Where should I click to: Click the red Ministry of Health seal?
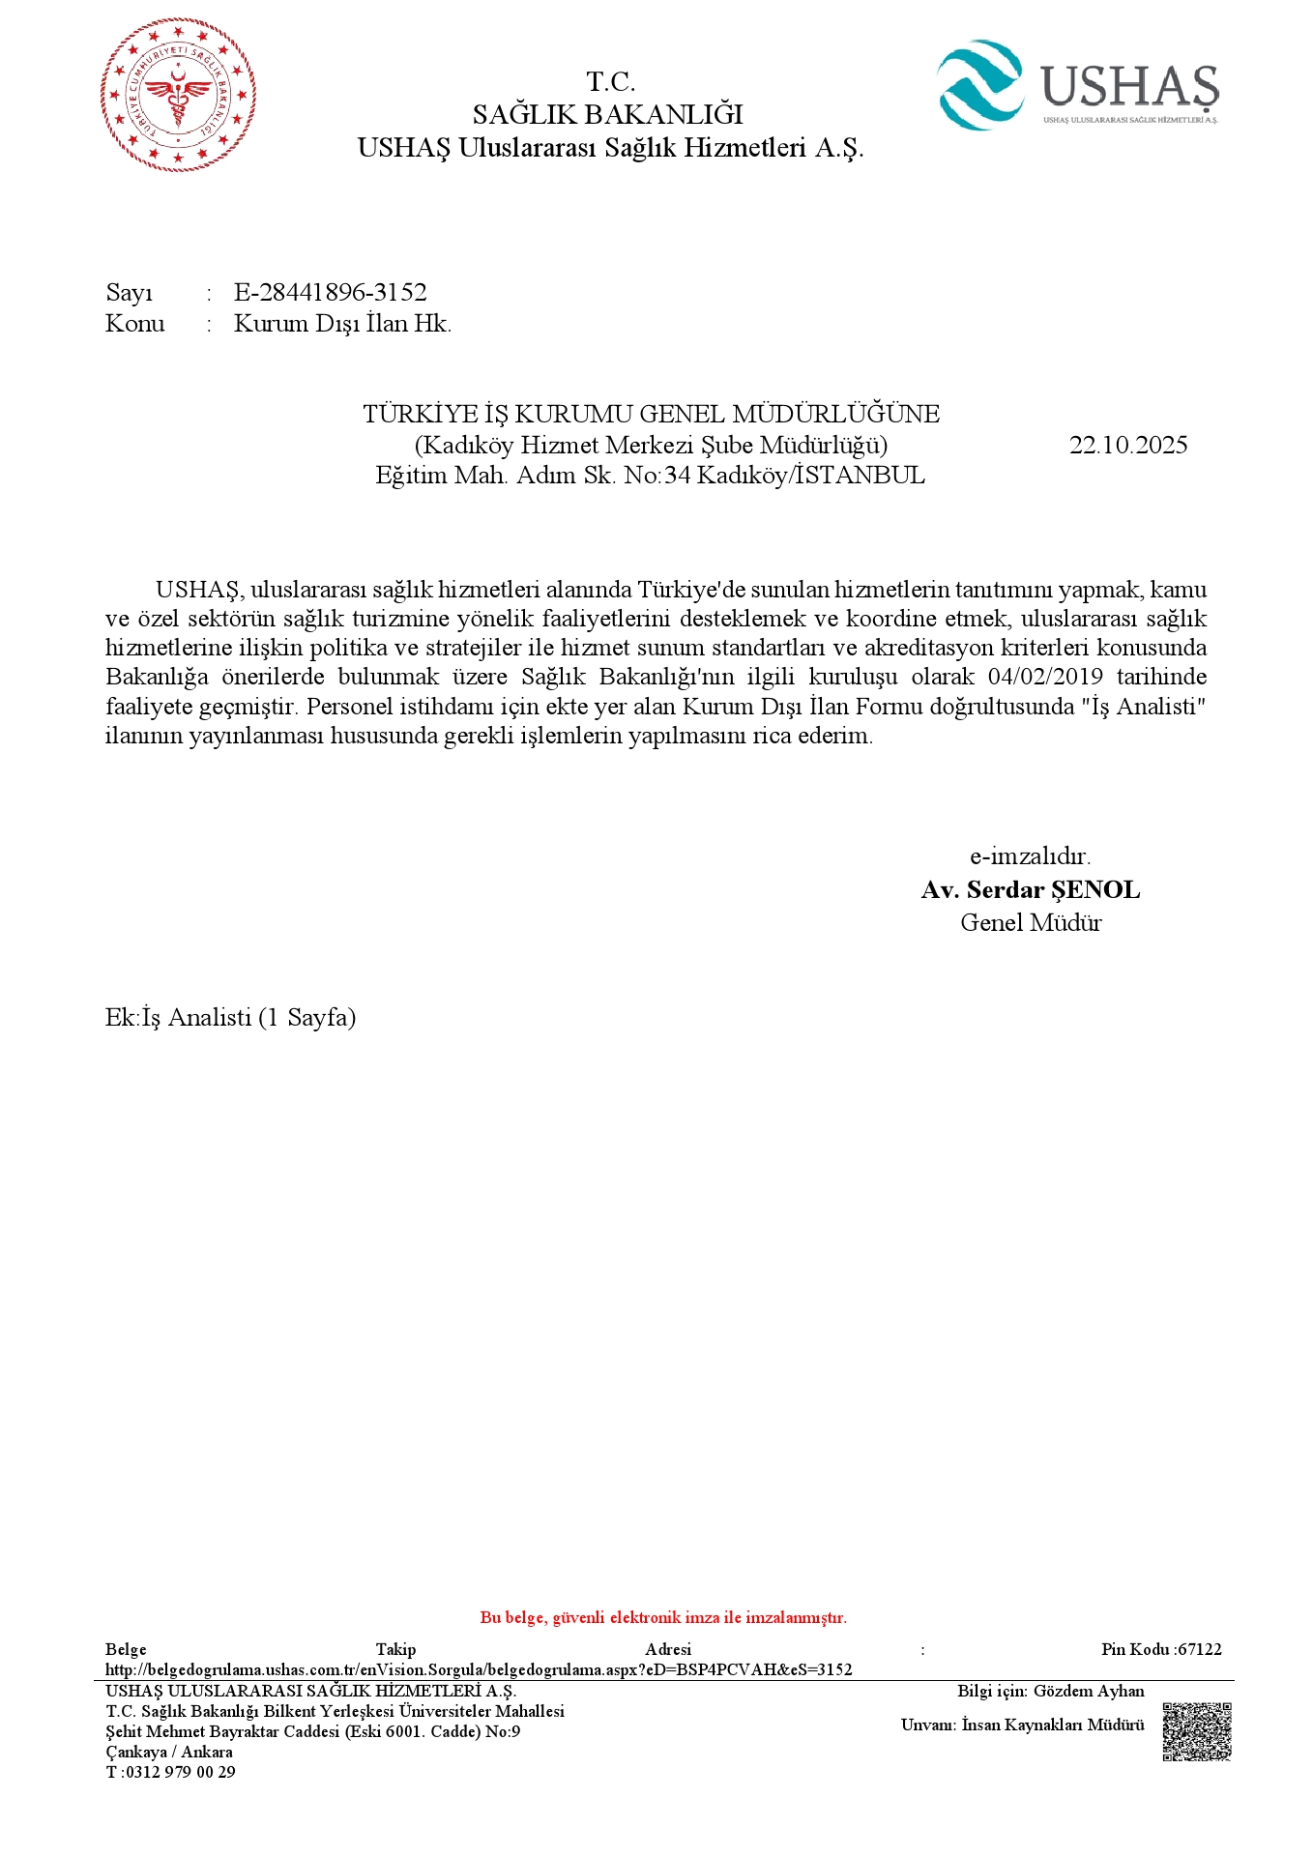(x=178, y=95)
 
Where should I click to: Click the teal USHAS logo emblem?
(x=979, y=85)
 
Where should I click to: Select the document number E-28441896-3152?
(x=330, y=292)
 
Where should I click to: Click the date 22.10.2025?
(x=1127, y=445)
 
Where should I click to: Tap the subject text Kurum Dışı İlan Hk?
(x=342, y=323)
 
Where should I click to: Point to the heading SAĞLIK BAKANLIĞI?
(x=607, y=114)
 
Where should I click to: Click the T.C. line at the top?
(x=610, y=81)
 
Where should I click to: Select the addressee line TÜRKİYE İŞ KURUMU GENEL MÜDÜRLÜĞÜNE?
(x=651, y=414)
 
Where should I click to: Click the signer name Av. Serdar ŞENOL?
(x=1030, y=889)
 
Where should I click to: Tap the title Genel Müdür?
(x=1031, y=922)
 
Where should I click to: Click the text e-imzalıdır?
(x=1030, y=856)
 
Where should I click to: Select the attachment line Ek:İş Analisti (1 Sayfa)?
(x=230, y=1017)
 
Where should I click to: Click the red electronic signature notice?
(x=663, y=1617)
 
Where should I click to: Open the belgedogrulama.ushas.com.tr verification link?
(x=479, y=1669)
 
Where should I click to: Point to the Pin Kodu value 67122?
(x=1201, y=1649)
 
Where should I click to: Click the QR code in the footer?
(x=1196, y=1731)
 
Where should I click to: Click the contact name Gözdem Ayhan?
(x=1089, y=1691)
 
